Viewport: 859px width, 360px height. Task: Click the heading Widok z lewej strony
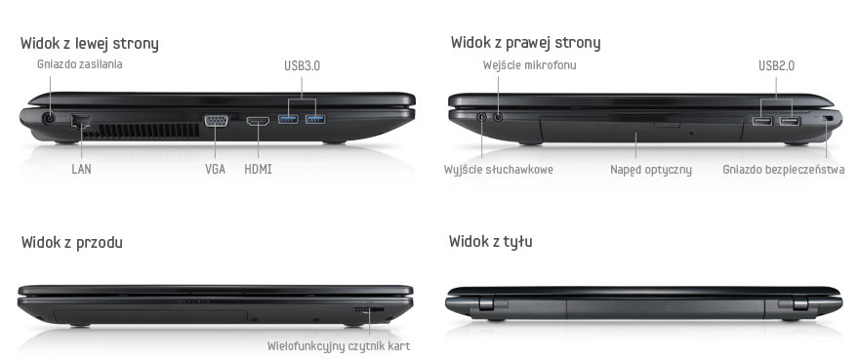click(89, 43)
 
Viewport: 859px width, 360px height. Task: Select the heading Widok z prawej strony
click(525, 43)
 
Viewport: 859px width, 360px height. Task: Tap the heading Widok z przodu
click(72, 242)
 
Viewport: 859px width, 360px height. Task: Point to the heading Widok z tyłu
click(490, 242)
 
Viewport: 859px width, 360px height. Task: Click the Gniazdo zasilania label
click(79, 64)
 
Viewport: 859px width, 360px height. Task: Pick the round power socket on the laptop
click(50, 118)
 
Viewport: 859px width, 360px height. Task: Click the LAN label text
click(82, 170)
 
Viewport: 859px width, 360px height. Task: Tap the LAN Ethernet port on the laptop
click(81, 121)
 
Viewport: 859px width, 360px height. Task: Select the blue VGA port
click(217, 121)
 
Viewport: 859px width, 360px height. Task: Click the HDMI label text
click(258, 170)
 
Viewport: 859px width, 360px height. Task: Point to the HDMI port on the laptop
click(258, 121)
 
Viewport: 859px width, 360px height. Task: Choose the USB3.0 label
click(302, 65)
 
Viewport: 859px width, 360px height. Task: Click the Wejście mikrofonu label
click(529, 65)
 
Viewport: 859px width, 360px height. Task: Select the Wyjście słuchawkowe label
click(499, 170)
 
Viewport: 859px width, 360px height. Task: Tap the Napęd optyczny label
click(651, 170)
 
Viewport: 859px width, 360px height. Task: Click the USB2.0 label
click(776, 65)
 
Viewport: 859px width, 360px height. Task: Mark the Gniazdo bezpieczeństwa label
click(784, 170)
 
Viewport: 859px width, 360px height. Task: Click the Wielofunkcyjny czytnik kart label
click(339, 346)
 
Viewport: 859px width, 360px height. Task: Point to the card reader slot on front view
click(369, 310)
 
